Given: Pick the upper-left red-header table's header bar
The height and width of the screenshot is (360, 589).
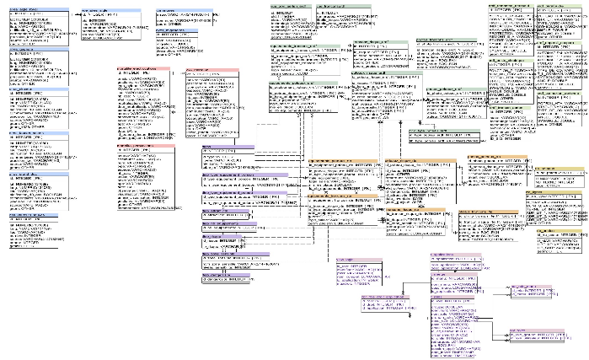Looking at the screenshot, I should [x=144, y=69].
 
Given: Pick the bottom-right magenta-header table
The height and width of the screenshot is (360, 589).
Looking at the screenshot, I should [x=535, y=335].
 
